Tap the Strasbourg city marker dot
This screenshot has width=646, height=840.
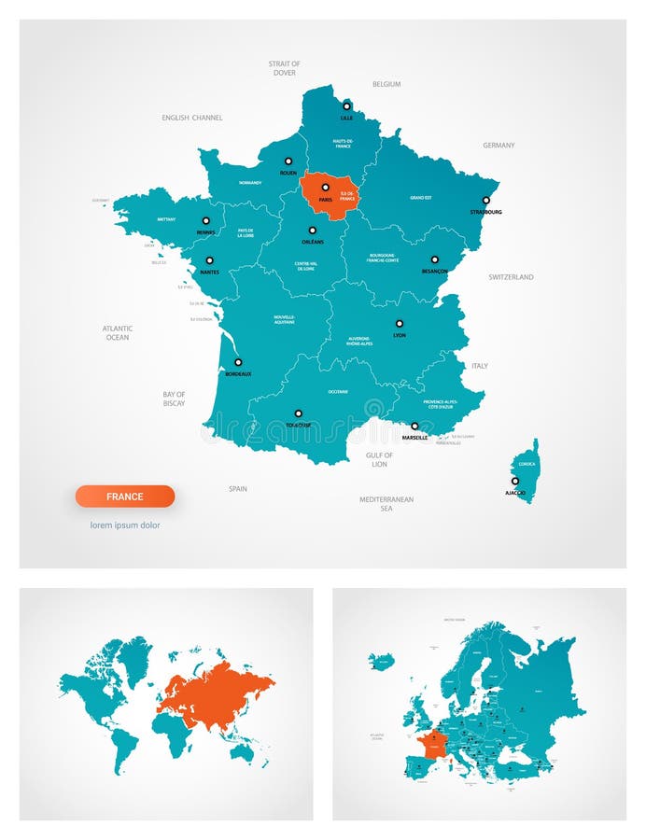point(485,199)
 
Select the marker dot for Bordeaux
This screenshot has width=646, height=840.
point(238,362)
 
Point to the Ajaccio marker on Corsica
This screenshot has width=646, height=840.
point(514,481)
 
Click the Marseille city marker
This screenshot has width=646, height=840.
point(414,426)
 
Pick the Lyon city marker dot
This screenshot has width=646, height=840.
point(400,324)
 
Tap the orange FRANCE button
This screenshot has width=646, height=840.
point(125,497)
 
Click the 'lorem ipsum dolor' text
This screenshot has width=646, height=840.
point(125,525)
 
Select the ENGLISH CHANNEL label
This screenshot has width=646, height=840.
point(192,118)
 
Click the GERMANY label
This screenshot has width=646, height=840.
point(499,146)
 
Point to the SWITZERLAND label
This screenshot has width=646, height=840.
point(511,277)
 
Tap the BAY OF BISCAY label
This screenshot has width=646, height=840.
point(174,399)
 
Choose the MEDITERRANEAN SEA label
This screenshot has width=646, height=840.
point(386,504)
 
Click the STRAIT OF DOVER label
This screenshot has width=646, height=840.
point(285,68)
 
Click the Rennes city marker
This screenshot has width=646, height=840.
point(205,221)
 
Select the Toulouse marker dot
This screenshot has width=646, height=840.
point(299,413)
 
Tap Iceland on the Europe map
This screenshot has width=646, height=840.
point(381,662)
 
